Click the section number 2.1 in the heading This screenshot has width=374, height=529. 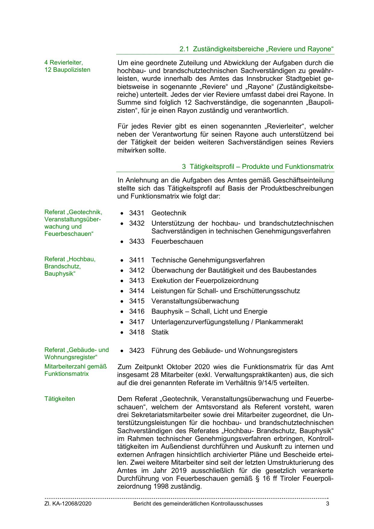point(184,49)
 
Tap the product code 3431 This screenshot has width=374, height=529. point(137,213)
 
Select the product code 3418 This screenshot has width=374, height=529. point(137,332)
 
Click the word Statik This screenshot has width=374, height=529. point(160,332)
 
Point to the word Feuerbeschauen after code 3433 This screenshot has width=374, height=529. point(177,241)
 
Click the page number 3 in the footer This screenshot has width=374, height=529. point(328,504)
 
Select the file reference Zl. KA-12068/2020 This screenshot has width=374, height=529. point(68,504)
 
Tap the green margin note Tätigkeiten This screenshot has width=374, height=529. point(60,399)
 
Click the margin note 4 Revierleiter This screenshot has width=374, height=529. point(64,62)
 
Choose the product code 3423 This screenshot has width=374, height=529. point(137,350)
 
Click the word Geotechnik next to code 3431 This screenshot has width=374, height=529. point(169,213)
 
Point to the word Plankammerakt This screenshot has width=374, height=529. point(279,322)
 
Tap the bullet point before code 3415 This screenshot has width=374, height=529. point(122,301)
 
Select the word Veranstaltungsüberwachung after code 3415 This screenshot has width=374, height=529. point(195,301)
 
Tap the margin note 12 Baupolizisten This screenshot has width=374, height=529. point(68,70)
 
